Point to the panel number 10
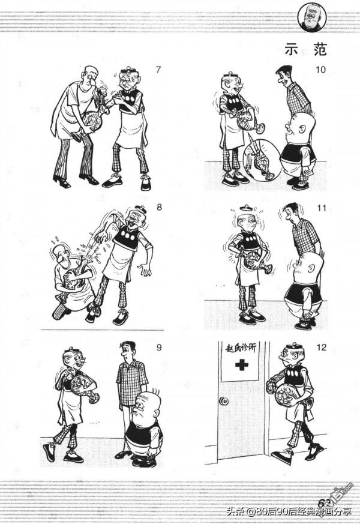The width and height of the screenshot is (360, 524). pos(321,70)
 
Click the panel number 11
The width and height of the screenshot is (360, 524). pos(322,208)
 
